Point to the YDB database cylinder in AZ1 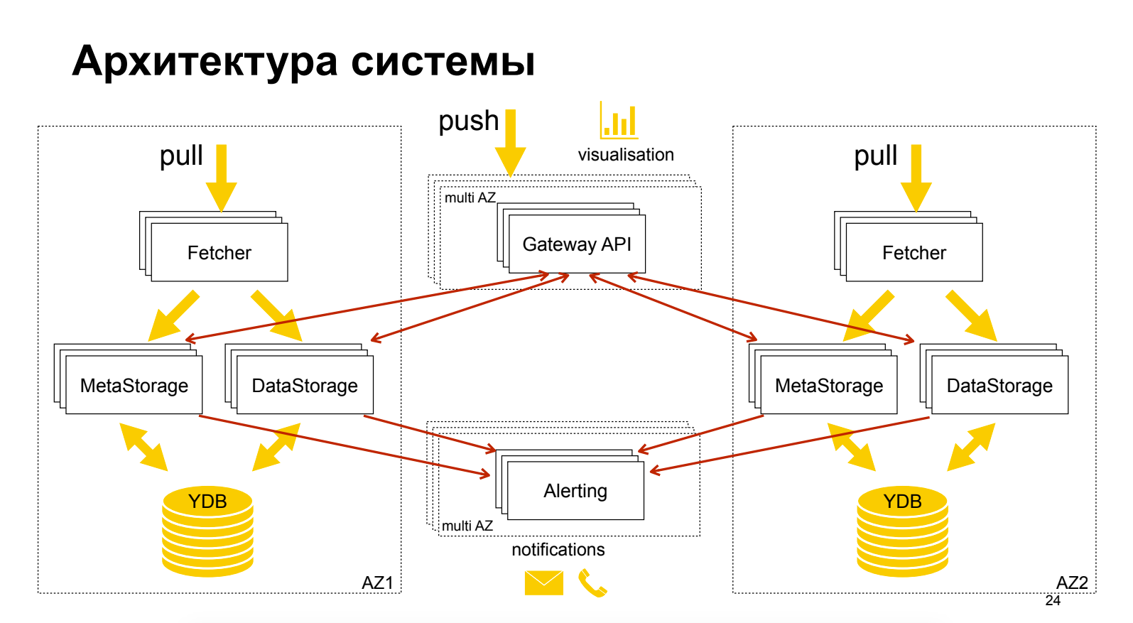click(x=207, y=531)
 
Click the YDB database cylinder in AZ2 click(x=902, y=531)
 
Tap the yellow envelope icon click(x=543, y=583)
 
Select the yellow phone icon click(x=592, y=583)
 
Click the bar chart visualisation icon click(x=619, y=120)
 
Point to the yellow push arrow click(x=510, y=143)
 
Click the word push click(x=468, y=121)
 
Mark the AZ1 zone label click(x=377, y=583)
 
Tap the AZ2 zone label click(x=1072, y=583)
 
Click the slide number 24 click(x=1053, y=600)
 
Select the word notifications click(x=558, y=549)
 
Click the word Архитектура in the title click(x=205, y=63)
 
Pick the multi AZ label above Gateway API click(x=470, y=197)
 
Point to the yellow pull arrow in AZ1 click(x=221, y=178)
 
